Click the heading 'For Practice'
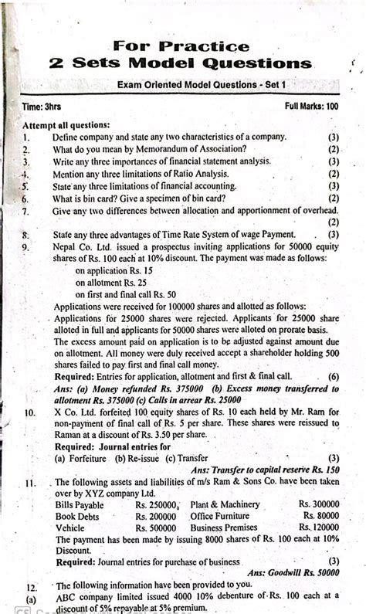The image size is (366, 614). point(181,46)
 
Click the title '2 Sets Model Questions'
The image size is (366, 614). point(181,63)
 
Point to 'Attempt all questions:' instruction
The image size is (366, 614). point(66,124)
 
